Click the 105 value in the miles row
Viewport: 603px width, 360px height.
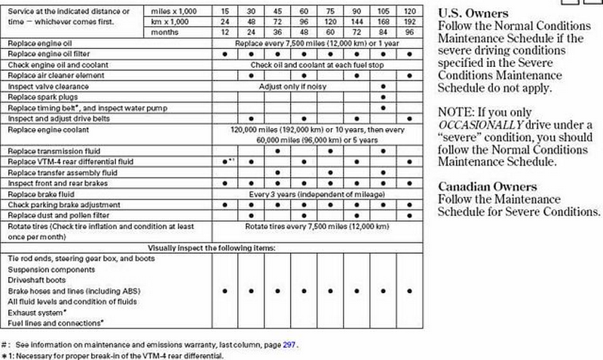pyautogui.click(x=384, y=12)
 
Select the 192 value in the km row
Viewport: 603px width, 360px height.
pyautogui.click(x=410, y=23)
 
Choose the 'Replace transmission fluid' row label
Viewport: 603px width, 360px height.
pyautogui.click(x=47, y=151)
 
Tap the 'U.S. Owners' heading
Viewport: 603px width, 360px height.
pyautogui.click(x=473, y=14)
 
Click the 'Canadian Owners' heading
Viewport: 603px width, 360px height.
pyautogui.click(x=488, y=186)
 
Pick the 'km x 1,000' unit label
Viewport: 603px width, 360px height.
pyautogui.click(x=170, y=23)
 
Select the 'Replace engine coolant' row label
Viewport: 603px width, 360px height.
pyautogui.click(x=42, y=130)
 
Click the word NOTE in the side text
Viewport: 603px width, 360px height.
pyautogui.click(x=454, y=111)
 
